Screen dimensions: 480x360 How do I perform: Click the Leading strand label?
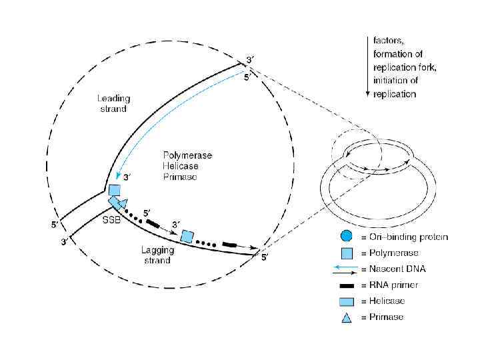(111, 103)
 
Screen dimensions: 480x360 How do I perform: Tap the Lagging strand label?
(158, 255)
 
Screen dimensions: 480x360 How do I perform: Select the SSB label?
(111, 221)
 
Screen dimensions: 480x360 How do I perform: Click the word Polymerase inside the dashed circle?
(188, 155)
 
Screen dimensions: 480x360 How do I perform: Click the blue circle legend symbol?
(346, 236)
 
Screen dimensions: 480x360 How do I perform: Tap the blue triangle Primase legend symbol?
(346, 317)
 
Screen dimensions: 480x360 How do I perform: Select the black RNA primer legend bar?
(346, 285)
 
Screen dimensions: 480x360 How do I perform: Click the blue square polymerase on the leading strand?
(115, 190)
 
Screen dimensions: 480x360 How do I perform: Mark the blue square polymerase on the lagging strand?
(187, 237)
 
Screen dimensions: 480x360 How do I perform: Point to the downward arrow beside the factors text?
(367, 67)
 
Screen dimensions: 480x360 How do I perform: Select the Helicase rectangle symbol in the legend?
(346, 301)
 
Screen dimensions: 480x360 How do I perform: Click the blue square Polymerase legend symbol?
(346, 253)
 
